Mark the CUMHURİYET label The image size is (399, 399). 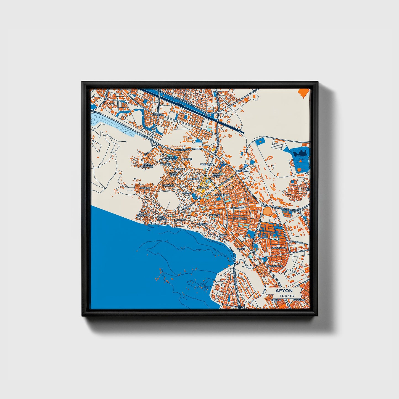tap(239, 218)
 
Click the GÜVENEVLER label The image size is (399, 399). tap(279, 248)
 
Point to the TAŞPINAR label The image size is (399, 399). tap(142, 215)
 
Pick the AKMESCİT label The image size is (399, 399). tap(180, 220)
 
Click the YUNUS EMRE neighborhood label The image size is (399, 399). tap(173, 174)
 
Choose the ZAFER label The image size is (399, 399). tap(241, 249)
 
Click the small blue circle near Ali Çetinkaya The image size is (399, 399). tap(252, 162)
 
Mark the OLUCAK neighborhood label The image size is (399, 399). tap(145, 188)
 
